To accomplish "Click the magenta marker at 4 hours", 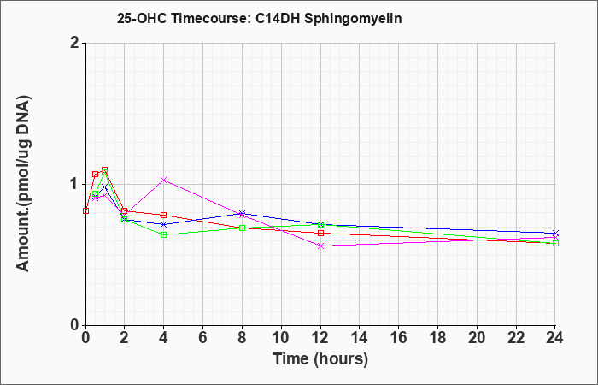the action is pos(164,180).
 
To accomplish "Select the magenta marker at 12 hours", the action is pos(320,246).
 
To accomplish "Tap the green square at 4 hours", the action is pos(164,235).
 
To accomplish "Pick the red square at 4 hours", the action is pos(164,215).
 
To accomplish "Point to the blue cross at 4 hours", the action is pos(164,224).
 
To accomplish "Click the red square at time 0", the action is pos(85,210).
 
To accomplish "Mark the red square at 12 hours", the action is pos(320,233).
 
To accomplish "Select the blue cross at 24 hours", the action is pos(555,233).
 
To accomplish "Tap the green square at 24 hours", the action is pos(555,243).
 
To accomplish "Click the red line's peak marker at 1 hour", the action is pos(104,169).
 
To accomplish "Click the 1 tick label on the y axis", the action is pos(75,185).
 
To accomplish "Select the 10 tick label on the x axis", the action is pos(281,338).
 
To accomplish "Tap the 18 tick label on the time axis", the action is pos(437,338).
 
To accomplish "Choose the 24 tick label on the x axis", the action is pos(555,338).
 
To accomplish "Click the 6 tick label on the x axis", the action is pos(203,338).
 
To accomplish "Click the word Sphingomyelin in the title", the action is pos(353,18).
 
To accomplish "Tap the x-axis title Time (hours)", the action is pos(320,359).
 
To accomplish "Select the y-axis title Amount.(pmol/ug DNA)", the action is pos(23,183).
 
